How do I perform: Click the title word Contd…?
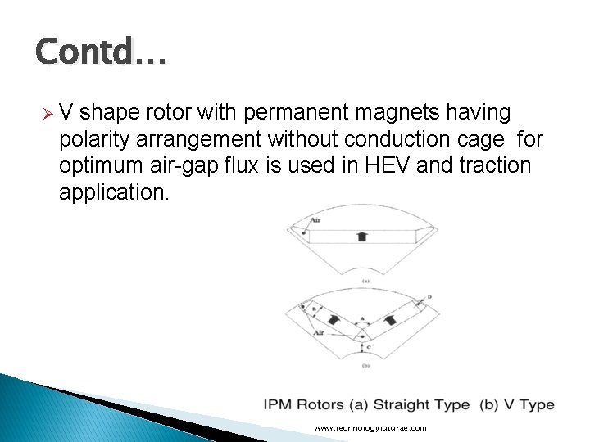coord(101,53)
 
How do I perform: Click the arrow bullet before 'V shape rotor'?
coord(49,112)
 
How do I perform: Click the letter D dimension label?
coord(429,296)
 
